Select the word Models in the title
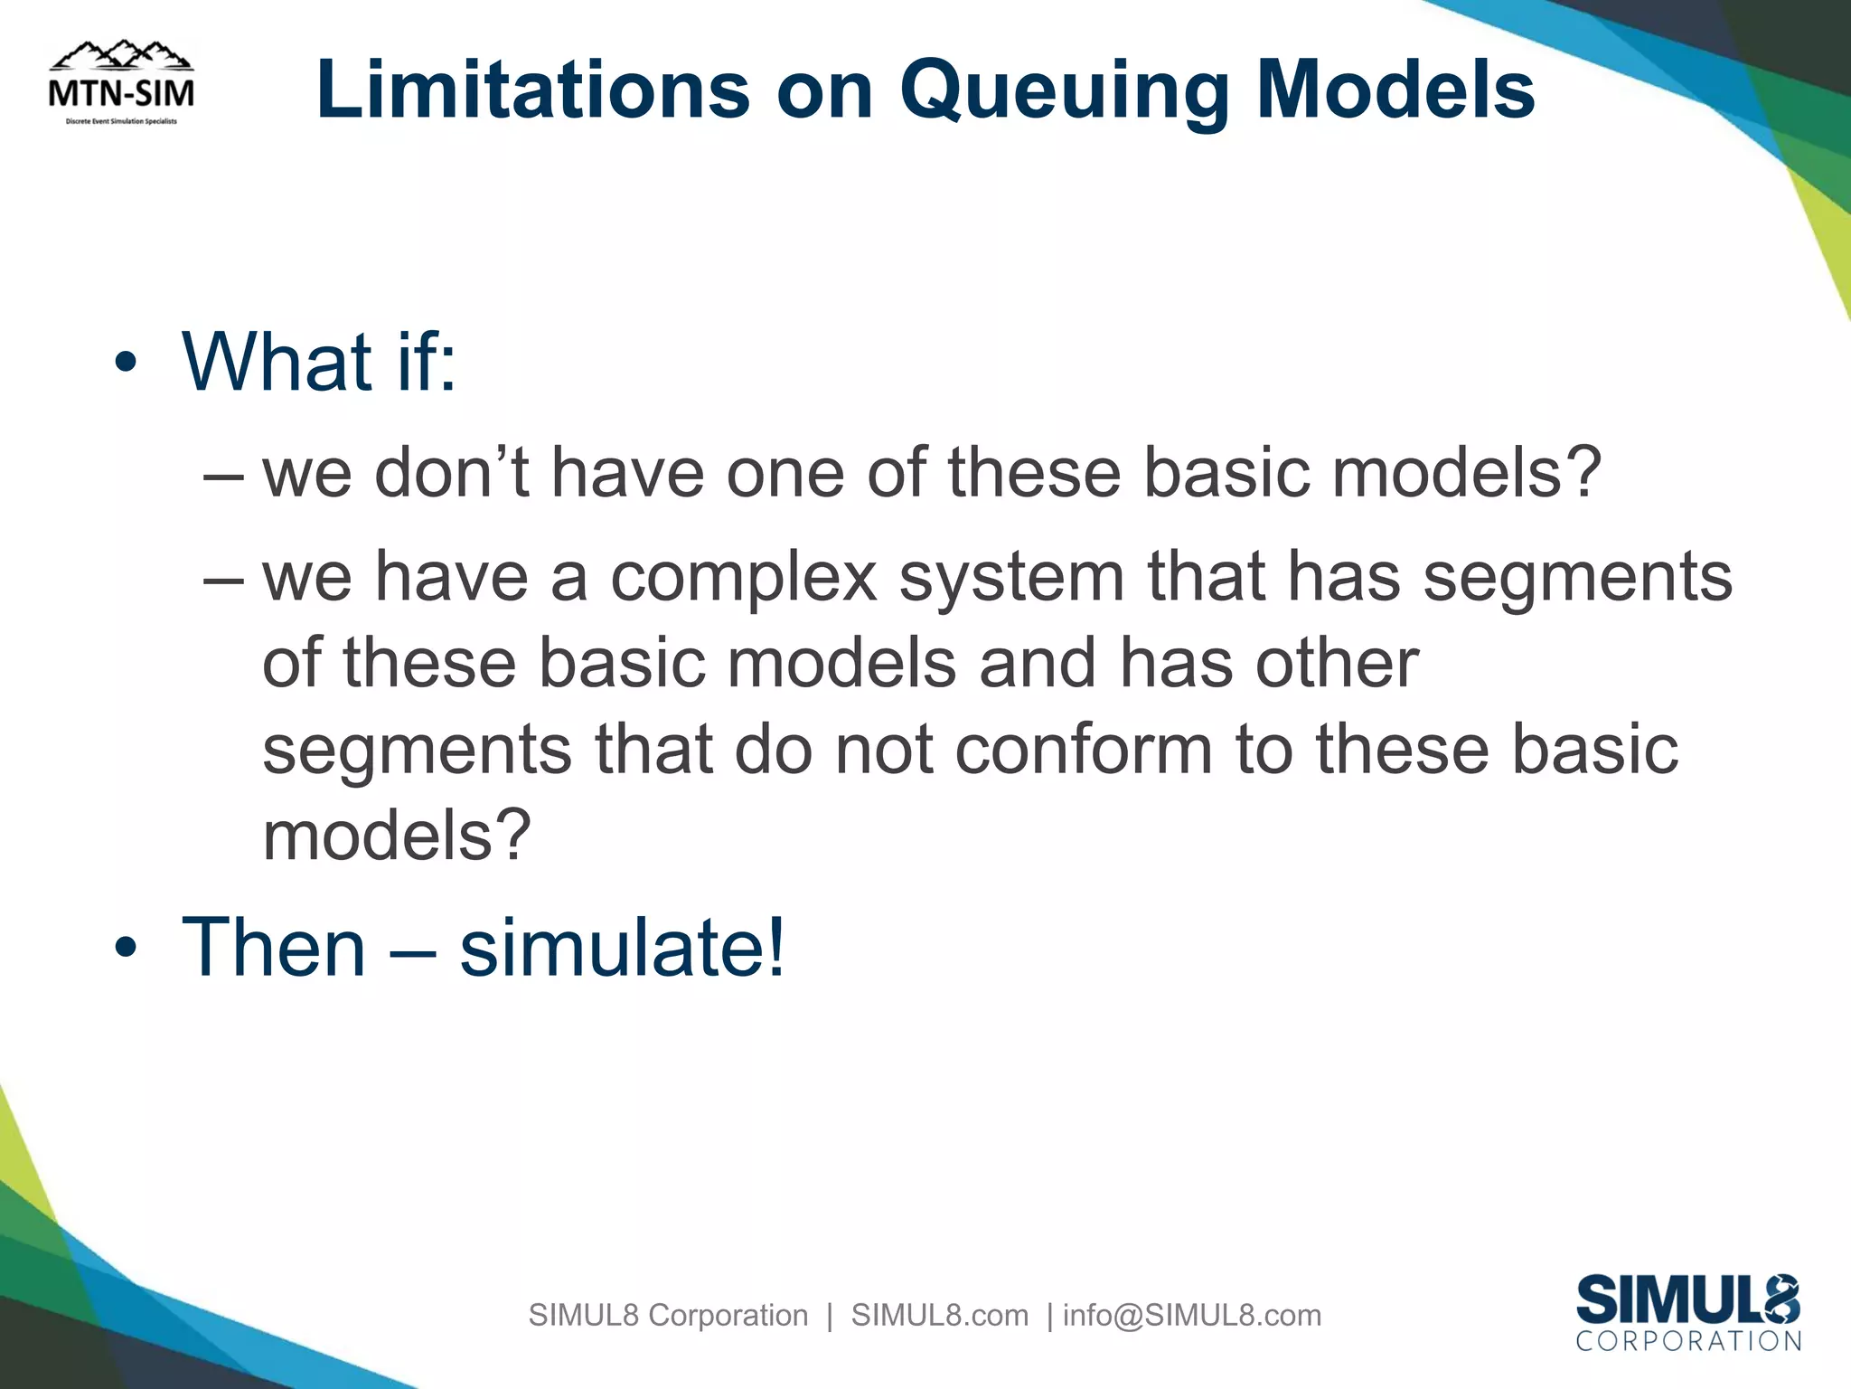click(1395, 90)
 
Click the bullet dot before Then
click(126, 948)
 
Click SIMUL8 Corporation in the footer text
click(668, 1315)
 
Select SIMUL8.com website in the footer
click(940, 1315)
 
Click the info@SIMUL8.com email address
click(1192, 1315)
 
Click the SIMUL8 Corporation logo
click(1687, 1312)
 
